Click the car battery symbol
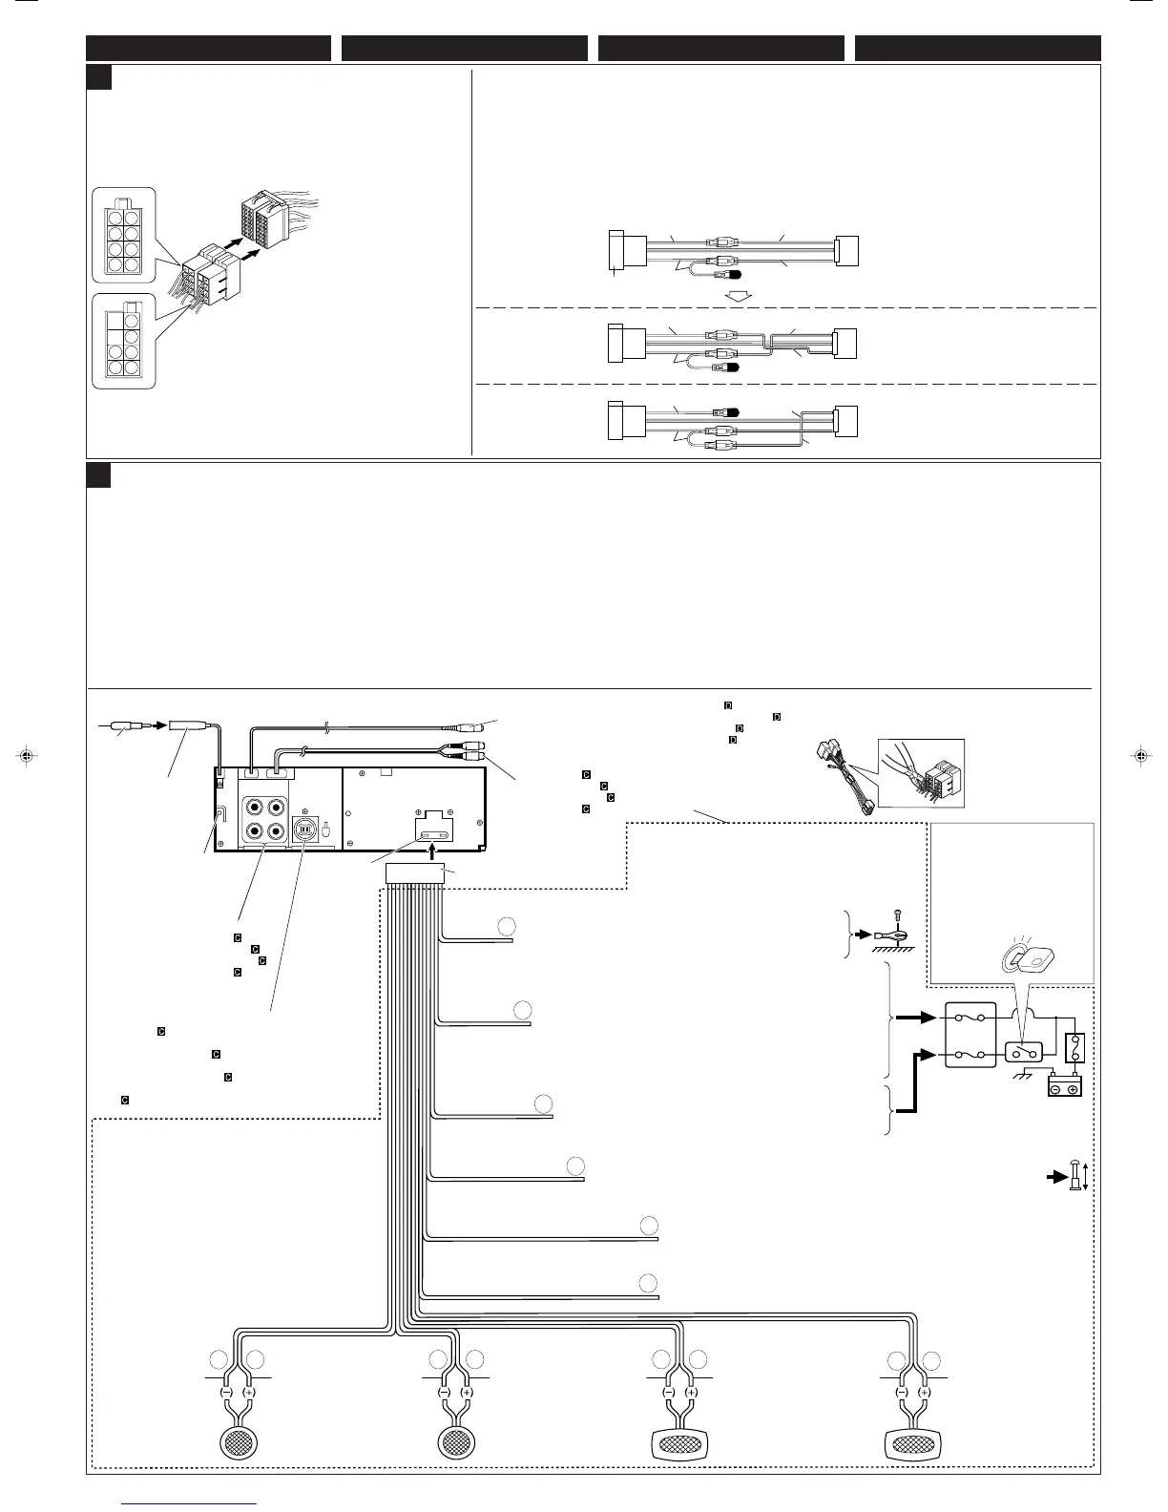pyautogui.click(x=1064, y=1087)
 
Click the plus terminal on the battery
pyautogui.click(x=1073, y=1089)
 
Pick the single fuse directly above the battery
pyautogui.click(x=1075, y=1049)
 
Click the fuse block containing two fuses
pyautogui.click(x=970, y=1035)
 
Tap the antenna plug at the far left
pyautogui.click(x=123, y=725)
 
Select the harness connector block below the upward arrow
pyautogui.click(x=415, y=872)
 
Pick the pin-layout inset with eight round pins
pyautogui.click(x=123, y=236)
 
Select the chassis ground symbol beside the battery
pyautogui.click(x=1023, y=1074)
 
